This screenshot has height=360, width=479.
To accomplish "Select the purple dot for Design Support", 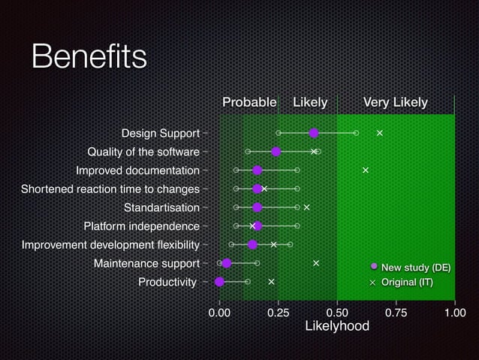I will [x=314, y=133].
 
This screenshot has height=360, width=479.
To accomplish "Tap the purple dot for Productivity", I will [x=219, y=282].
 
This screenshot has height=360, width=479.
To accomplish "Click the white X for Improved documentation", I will [x=366, y=170].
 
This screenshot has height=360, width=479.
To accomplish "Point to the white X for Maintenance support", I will [x=316, y=263].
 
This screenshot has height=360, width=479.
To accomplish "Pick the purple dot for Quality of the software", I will [x=276, y=152].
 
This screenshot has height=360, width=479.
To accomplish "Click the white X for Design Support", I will [x=380, y=133].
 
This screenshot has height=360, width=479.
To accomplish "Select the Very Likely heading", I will [x=395, y=102].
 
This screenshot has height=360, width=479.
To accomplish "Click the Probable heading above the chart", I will [x=249, y=102].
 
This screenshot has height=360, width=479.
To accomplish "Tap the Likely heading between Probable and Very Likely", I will [x=309, y=102].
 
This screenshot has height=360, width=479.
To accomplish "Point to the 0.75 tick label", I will [x=396, y=312].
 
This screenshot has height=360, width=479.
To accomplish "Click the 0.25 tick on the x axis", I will [x=279, y=312].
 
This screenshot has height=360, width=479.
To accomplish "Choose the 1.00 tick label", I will [x=454, y=312].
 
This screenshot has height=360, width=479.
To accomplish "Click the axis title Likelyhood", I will [x=337, y=326].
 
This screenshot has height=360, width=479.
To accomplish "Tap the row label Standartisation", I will [x=161, y=207].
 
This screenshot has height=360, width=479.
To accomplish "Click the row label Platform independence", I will [x=141, y=226].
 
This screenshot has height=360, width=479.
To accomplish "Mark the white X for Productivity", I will [x=271, y=282].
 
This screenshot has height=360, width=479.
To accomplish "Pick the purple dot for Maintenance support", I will [x=227, y=263].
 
